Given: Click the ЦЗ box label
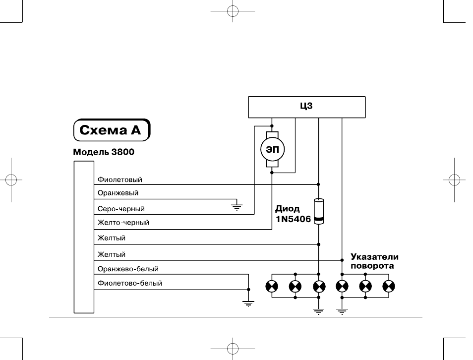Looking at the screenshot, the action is click(x=306, y=106).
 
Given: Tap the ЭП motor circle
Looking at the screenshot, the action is click(x=272, y=149).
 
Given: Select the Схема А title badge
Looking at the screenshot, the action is click(x=112, y=130).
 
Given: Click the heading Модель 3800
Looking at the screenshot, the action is click(x=104, y=152).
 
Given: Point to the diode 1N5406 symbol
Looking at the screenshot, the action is click(x=319, y=211).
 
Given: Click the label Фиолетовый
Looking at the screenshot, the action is click(x=120, y=180).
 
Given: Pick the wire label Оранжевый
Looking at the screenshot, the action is click(x=118, y=193).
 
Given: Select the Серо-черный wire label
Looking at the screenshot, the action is click(x=121, y=209).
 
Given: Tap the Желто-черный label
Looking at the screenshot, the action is click(x=123, y=223).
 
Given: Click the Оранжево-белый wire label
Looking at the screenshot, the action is click(x=128, y=269).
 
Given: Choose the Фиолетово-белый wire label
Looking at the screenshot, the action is click(x=130, y=283).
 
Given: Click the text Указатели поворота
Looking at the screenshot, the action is click(x=374, y=261).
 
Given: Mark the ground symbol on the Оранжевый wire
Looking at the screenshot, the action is click(x=237, y=207).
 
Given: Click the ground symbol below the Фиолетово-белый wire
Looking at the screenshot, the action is click(x=248, y=303).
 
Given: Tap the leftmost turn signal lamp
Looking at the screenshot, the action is click(x=272, y=287).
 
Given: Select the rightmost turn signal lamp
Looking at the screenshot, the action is click(x=389, y=287).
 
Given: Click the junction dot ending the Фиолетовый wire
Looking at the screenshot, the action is click(x=318, y=184).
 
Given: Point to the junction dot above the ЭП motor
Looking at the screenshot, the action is click(x=272, y=126).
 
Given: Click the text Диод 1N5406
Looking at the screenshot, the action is click(x=293, y=214).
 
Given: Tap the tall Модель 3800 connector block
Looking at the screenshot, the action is click(x=84, y=237).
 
